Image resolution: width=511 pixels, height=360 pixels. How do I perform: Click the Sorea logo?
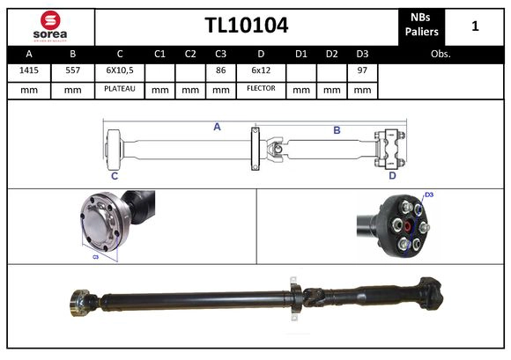click(x=49, y=26)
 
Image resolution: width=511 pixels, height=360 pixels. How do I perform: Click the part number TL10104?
click(x=246, y=25)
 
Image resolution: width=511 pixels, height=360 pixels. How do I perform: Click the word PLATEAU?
click(x=119, y=89)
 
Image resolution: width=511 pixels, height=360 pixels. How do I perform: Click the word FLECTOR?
click(x=262, y=89)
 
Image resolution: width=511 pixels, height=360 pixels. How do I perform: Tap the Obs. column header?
click(x=441, y=54)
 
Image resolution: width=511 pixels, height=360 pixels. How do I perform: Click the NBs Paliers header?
click(x=422, y=26)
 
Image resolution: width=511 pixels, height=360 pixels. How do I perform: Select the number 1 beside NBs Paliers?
click(x=475, y=26)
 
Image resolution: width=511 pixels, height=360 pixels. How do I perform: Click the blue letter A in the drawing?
click(x=217, y=127)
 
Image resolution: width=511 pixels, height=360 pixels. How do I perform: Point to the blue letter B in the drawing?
click(x=337, y=130)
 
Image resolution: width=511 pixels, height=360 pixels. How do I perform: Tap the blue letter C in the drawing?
click(x=115, y=176)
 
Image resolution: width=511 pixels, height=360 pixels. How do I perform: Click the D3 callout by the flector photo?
click(x=429, y=195)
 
